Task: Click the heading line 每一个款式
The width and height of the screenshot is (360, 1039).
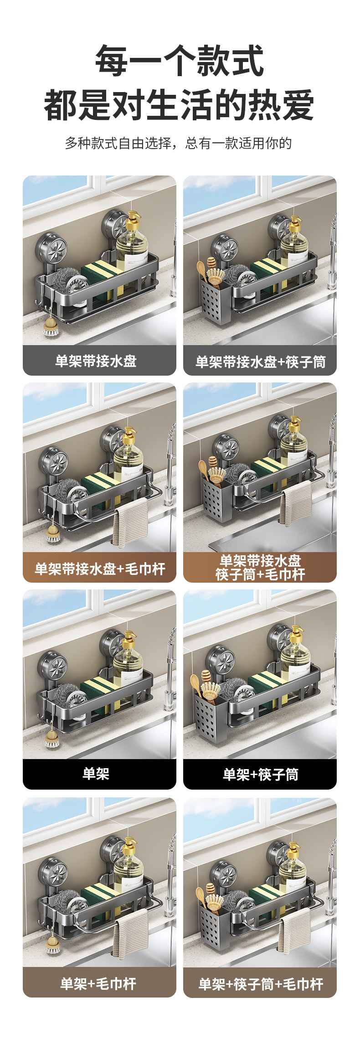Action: coord(180,61)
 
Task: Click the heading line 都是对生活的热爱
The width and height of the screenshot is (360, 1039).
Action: coord(180,105)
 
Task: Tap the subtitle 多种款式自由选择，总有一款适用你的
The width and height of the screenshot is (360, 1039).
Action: coord(178,143)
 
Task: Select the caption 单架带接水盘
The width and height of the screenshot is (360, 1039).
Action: coord(96,361)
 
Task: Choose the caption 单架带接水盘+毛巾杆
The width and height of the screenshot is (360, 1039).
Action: coord(100,569)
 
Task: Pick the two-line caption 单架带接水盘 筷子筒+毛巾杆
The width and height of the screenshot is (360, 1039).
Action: coord(260,567)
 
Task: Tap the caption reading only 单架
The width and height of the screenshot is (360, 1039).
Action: coord(96,773)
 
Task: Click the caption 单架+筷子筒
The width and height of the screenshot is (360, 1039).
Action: coord(261,774)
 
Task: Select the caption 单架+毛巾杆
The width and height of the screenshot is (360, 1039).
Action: coord(98,983)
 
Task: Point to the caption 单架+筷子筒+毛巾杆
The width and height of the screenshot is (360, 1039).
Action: coord(261,984)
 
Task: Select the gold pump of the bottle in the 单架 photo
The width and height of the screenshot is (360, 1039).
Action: coord(129,639)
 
